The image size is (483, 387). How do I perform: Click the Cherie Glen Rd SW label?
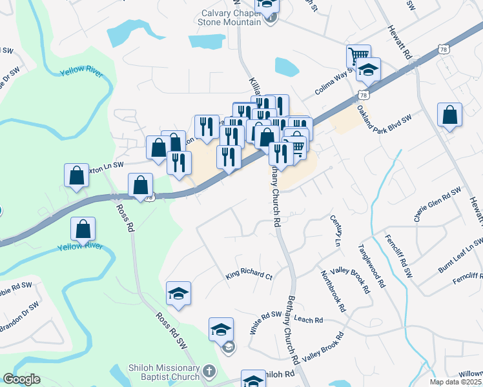click(x=438, y=205)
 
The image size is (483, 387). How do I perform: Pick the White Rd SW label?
click(x=267, y=322)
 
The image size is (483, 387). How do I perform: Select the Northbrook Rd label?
click(x=332, y=291)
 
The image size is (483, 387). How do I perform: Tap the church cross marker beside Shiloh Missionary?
click(x=209, y=372)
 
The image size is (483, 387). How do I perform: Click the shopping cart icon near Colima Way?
click(x=358, y=55)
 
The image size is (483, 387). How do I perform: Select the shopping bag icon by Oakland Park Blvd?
click(x=449, y=115)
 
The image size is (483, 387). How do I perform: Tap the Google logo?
click(x=21, y=379)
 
